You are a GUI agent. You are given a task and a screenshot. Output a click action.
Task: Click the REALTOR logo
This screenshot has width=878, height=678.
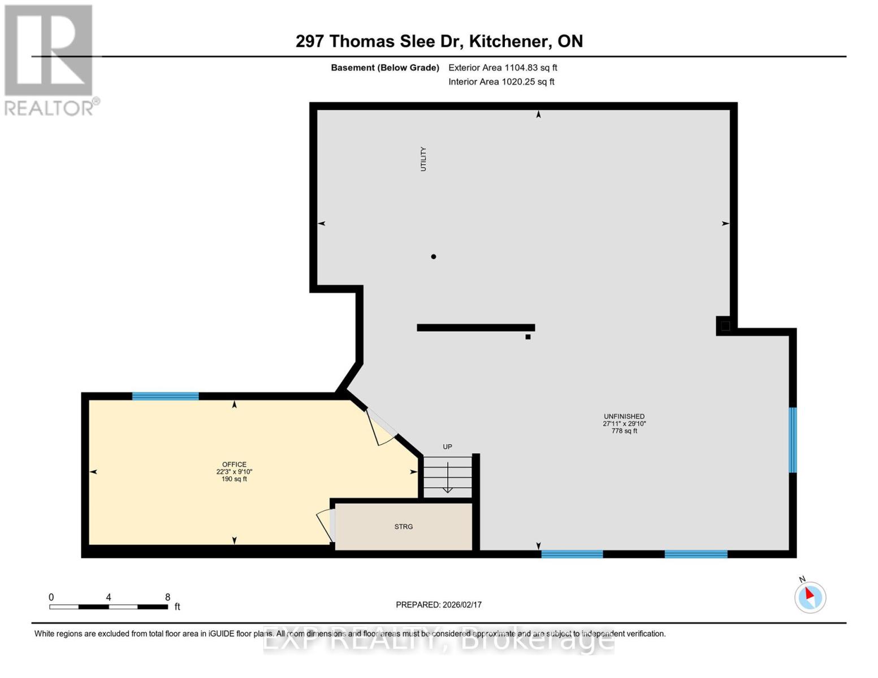pos(50,59)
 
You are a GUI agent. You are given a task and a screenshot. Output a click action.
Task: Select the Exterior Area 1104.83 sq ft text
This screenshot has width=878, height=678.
pos(503,68)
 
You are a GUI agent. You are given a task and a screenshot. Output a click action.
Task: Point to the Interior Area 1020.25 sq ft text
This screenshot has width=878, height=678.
pos(501,82)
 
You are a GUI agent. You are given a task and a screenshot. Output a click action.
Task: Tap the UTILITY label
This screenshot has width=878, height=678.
pos(423,159)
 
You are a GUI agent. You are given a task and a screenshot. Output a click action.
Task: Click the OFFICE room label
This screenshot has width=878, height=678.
pos(234,464)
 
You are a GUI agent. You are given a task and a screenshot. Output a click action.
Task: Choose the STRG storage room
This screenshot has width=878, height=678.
pos(404,527)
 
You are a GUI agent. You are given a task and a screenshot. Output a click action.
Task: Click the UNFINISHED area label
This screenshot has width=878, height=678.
pos(624,416)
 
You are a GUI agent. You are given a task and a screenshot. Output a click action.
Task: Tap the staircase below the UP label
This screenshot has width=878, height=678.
pos(448,477)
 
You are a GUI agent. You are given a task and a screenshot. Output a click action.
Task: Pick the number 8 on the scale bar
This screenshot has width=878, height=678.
pos(167,597)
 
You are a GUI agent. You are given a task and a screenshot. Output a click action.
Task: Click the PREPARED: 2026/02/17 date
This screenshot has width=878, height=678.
pos(439,605)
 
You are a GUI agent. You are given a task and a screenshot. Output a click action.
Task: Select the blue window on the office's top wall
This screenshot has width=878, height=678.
pos(165,396)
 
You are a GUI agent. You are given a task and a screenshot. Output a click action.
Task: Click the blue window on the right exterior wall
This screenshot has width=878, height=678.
pos(793,440)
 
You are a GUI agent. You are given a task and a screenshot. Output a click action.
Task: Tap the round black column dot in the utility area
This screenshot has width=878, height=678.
pos(434,257)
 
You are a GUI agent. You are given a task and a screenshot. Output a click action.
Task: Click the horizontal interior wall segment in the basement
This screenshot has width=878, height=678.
pos(475,328)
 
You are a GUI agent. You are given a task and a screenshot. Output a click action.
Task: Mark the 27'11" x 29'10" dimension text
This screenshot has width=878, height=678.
pos(624,424)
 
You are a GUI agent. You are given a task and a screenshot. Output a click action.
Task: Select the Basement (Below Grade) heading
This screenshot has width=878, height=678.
pos(385,68)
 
